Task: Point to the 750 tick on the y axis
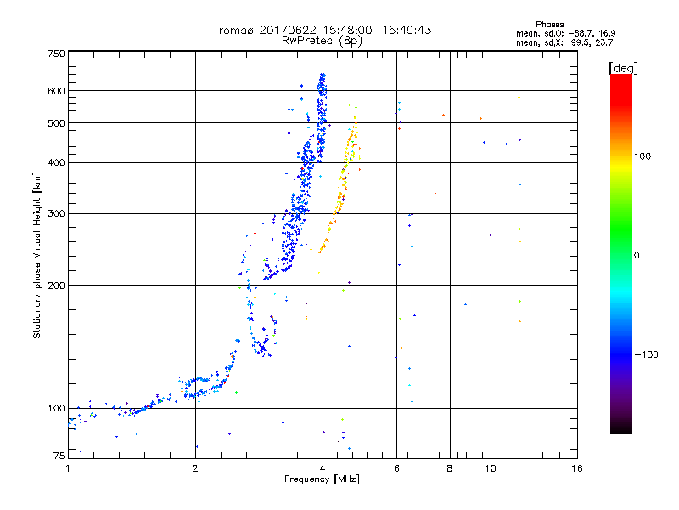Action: click(57, 54)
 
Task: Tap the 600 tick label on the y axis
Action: click(57, 91)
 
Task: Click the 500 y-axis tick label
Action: click(57, 123)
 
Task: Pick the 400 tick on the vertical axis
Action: click(57, 163)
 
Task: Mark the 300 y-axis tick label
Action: click(57, 214)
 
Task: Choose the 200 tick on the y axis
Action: click(57, 286)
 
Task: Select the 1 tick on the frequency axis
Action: click(69, 468)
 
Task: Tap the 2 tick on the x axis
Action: click(195, 468)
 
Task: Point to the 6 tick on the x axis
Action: click(396, 468)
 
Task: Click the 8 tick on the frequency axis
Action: click(450, 468)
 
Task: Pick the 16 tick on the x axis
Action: click(577, 468)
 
